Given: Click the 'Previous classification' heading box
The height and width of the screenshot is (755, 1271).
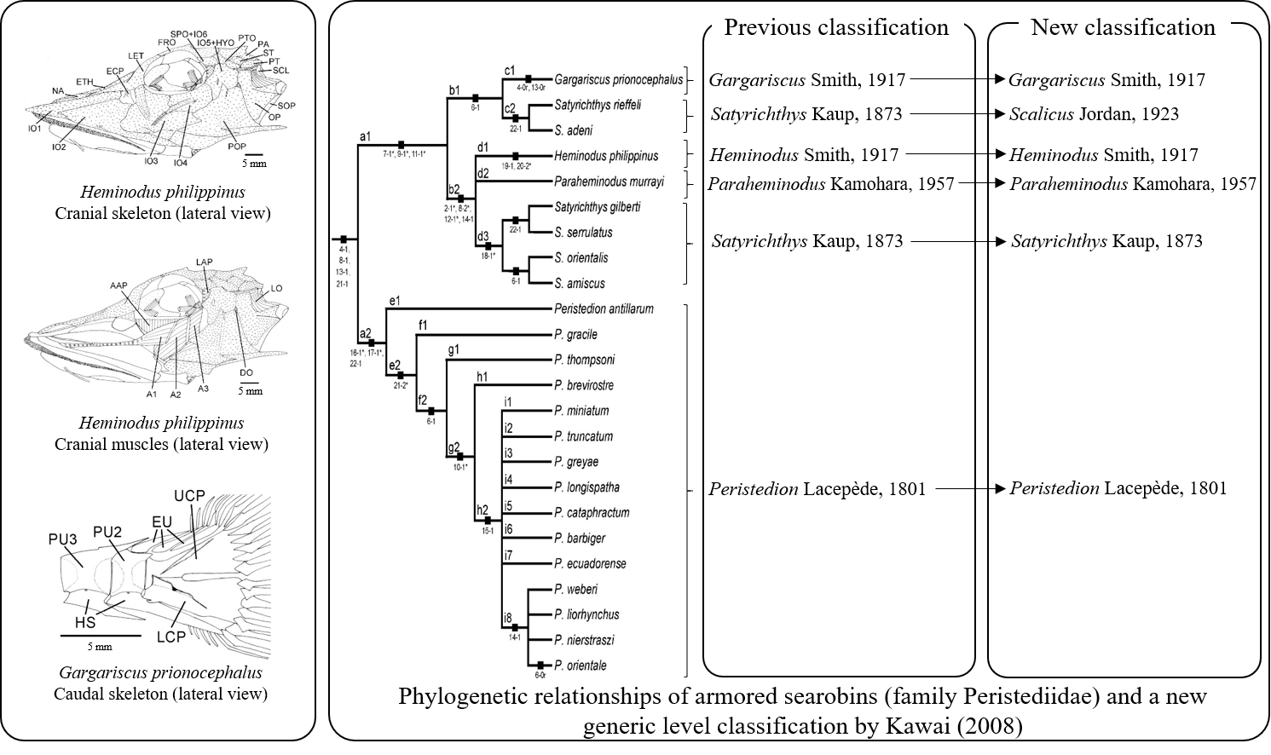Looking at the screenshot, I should coord(836,26).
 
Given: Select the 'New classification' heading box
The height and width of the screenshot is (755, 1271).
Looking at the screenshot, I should coord(1124,26).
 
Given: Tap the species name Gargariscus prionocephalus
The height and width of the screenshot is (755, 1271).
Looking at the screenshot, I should coord(618,80).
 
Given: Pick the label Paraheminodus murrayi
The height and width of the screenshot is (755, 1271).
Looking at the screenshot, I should coord(608,182).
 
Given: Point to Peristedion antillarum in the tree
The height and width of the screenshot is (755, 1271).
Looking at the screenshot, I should coord(604,308).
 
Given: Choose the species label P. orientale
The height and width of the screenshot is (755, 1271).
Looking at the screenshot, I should coord(580,666).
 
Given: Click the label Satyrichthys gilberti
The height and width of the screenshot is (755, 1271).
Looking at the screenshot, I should coord(597,207).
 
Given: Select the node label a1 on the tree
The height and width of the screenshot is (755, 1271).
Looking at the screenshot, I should coord(366,135).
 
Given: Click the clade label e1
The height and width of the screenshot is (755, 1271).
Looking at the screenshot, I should coord(395,301).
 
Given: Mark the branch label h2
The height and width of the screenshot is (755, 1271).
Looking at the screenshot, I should coord(482,510).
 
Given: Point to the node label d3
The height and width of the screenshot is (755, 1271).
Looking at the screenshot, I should coord(483,236).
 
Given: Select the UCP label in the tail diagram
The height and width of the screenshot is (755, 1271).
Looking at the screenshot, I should coord(189,496).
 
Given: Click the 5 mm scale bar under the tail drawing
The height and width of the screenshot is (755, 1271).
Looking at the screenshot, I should coord(100,637).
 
